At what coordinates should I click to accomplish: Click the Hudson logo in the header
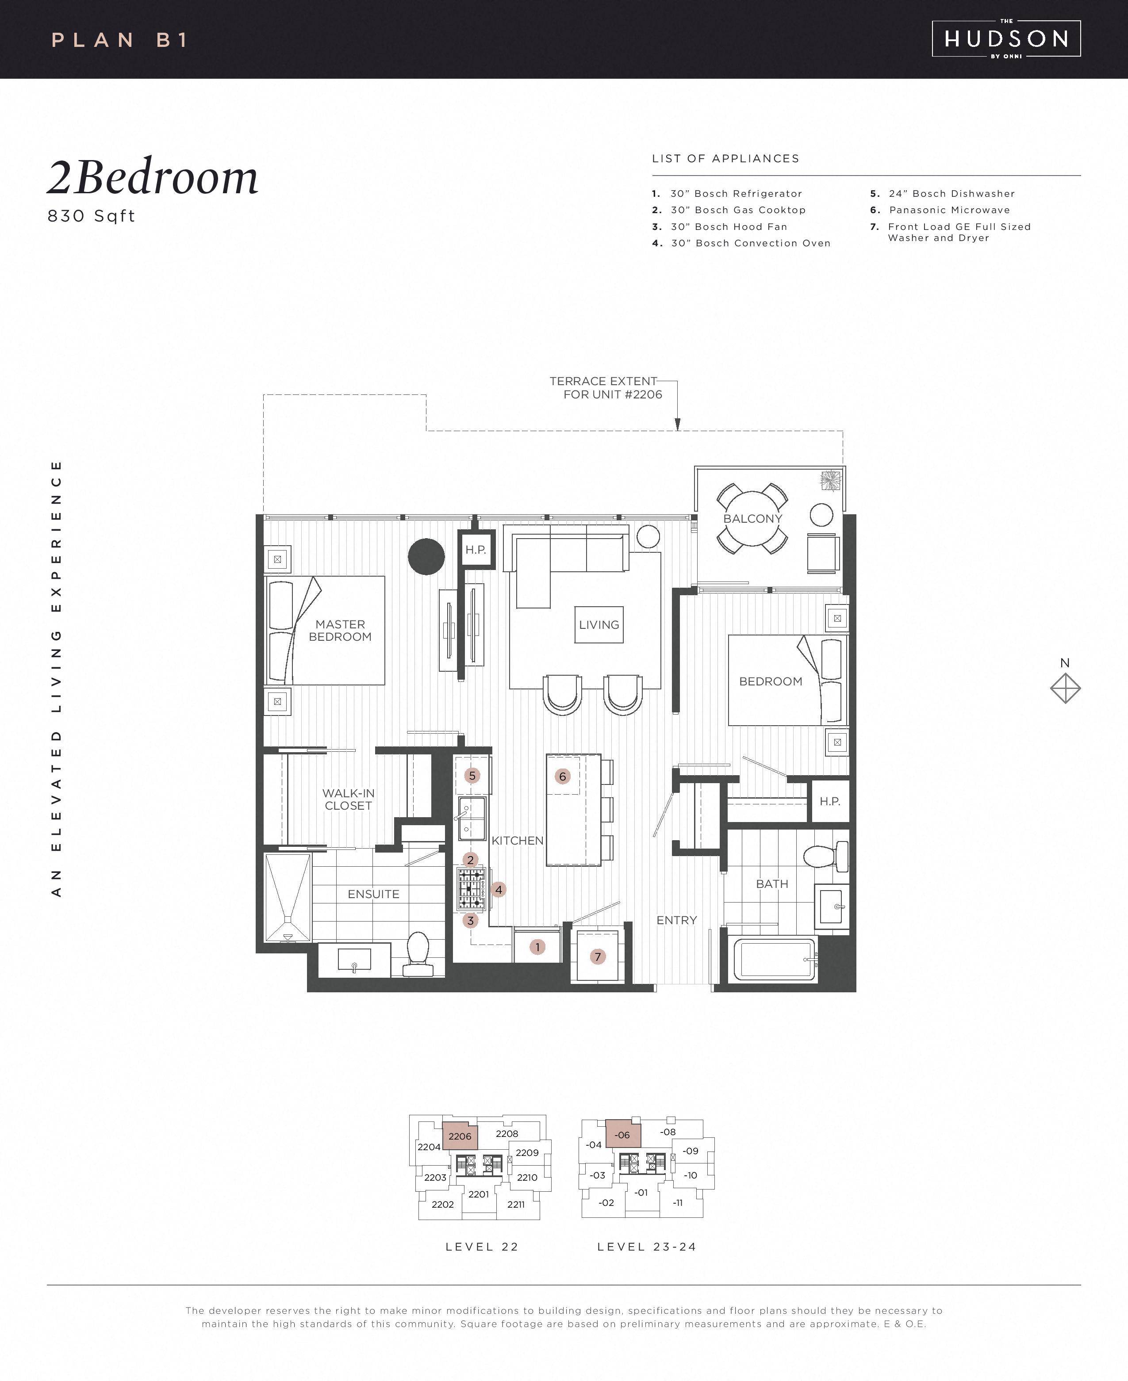1006,39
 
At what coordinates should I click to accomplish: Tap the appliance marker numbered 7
598,956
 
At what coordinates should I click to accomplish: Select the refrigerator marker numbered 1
537,947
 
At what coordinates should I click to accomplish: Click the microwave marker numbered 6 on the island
563,776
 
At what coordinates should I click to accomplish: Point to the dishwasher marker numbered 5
472,776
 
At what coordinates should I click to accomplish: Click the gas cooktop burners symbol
472,889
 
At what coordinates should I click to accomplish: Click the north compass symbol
1065,688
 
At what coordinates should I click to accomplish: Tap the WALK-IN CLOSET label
348,799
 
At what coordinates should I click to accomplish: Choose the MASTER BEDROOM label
340,630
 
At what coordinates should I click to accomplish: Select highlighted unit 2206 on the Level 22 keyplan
460,1136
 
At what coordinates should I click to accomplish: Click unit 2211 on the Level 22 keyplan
516,1204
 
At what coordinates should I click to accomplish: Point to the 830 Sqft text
91,216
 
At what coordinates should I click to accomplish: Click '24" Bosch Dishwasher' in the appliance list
951,194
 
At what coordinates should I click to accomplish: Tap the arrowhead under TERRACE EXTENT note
678,425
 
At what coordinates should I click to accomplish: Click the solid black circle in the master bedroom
426,557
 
